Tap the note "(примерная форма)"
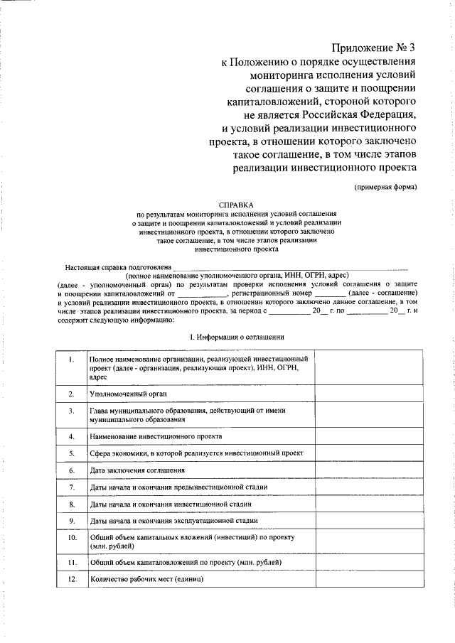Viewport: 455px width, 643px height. pos(385,187)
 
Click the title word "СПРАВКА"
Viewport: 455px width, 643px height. pos(236,203)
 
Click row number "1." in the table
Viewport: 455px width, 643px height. pos(72,360)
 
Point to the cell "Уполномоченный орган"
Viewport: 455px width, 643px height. pos(129,393)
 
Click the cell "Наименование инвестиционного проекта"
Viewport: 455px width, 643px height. pos(156,436)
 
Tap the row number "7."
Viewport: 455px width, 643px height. pos(72,487)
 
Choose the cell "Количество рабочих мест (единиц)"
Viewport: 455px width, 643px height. pos(146,579)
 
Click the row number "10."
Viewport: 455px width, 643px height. pos(72,538)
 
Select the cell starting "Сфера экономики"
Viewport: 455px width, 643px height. pos(196,453)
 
